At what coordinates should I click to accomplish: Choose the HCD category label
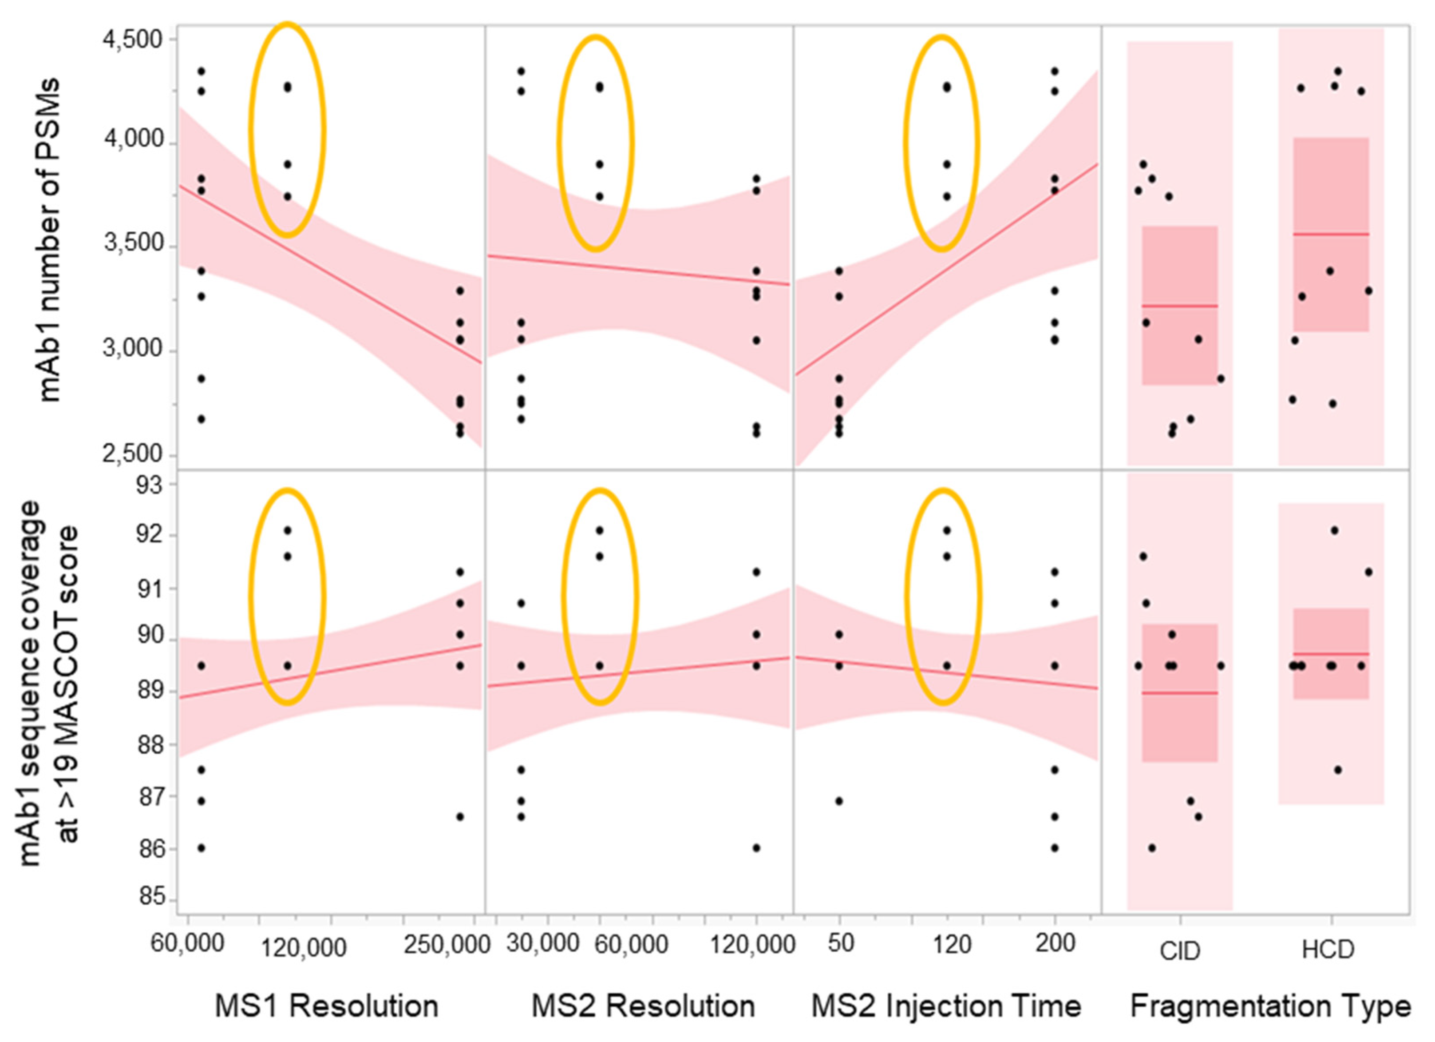pos(1328,950)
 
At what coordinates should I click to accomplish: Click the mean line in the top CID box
pos(1179,306)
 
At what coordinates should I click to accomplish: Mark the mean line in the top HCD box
pos(1331,234)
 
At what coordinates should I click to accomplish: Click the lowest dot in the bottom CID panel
pos(1151,847)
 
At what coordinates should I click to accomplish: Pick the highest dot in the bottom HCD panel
pos(1334,530)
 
